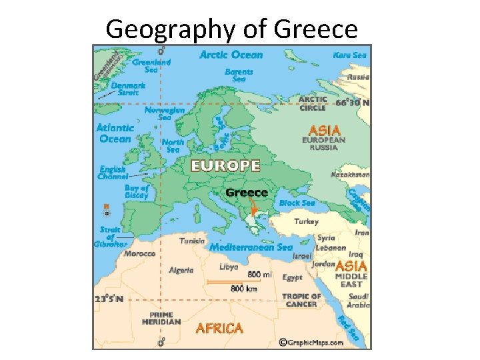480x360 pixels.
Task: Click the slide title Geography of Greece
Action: (x=231, y=29)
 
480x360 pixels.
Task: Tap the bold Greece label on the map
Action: (x=247, y=193)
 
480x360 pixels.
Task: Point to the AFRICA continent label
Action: (x=219, y=328)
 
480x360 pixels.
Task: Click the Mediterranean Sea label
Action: (x=251, y=247)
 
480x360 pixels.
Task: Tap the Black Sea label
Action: (x=297, y=203)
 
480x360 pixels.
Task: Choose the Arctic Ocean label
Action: (x=231, y=55)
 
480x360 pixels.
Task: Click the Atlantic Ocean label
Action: (x=115, y=133)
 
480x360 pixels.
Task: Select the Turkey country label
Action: (x=307, y=221)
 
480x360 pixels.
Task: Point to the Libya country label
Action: (x=229, y=267)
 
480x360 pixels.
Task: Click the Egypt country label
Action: (x=292, y=277)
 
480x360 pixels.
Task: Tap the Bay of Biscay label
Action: (x=136, y=192)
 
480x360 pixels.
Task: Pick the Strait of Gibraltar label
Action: (x=110, y=237)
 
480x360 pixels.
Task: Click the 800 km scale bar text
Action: (x=244, y=289)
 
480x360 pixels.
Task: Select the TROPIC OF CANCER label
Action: (x=301, y=300)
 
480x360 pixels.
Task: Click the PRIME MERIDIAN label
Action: (x=161, y=318)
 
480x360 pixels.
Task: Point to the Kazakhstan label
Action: (x=350, y=175)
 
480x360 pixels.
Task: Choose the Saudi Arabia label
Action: (x=358, y=301)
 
